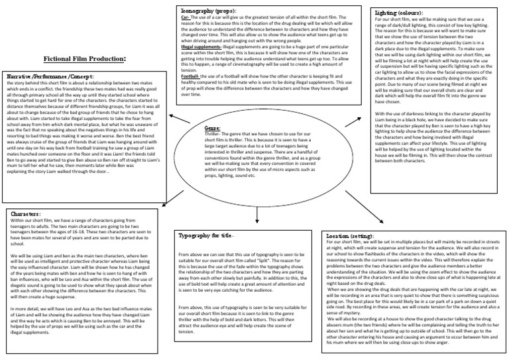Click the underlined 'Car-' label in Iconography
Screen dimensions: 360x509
click(186, 18)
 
